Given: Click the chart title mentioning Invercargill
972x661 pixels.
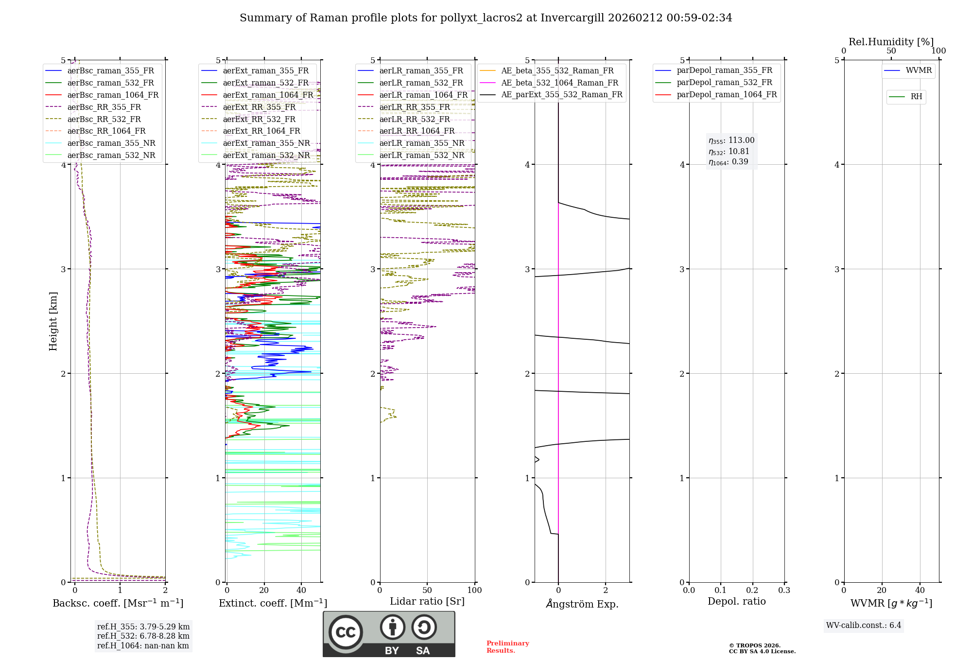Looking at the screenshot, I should pyautogui.click(x=486, y=18).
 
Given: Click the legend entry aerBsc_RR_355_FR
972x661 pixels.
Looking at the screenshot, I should pyautogui.click(x=104, y=107).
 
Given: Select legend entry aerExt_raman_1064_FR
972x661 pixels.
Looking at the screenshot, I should pyautogui.click(x=268, y=95).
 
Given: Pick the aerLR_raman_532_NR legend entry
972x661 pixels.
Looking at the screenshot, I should pyautogui.click(x=422, y=155).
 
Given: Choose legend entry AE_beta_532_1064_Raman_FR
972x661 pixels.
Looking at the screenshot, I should pyautogui.click(x=559, y=83).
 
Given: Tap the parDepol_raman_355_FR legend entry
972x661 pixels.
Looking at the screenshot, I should pyautogui.click(x=724, y=70).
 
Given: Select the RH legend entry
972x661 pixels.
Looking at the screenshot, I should pyautogui.click(x=916, y=97).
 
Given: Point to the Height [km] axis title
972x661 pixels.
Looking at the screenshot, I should pyautogui.click(x=53, y=321).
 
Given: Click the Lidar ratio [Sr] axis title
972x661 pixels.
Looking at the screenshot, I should pyautogui.click(x=427, y=601).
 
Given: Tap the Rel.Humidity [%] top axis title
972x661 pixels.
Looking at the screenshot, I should pyautogui.click(x=891, y=42).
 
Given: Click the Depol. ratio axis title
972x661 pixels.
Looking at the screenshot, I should pyautogui.click(x=736, y=601).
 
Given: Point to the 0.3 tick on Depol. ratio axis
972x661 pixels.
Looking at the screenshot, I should pyautogui.click(x=784, y=590).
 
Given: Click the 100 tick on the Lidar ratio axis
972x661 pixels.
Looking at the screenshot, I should pyautogui.click(x=474, y=590).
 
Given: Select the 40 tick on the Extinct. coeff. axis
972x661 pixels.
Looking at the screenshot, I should pyautogui.click(x=301, y=590).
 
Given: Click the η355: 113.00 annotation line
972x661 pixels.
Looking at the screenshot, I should pyautogui.click(x=731, y=140).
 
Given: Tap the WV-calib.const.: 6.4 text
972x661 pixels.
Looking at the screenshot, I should pyautogui.click(x=864, y=625).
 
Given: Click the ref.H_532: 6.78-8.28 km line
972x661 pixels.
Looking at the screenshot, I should pyautogui.click(x=143, y=636).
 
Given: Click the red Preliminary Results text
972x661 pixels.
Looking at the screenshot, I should pyautogui.click(x=507, y=646).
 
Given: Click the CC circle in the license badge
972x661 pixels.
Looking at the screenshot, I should pyautogui.click(x=346, y=632).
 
